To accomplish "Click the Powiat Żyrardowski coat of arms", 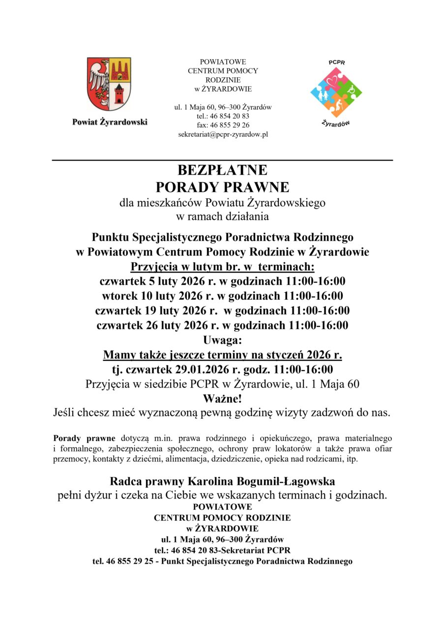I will coord(109,84).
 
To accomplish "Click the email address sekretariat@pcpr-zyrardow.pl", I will coord(223,134).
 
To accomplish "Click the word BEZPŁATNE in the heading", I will coord(222,170).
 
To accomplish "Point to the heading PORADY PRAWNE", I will coord(222,187).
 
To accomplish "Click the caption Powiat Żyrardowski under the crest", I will coord(110,122).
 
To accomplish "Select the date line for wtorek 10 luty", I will coord(222,296).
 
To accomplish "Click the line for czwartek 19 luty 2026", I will coord(222,311).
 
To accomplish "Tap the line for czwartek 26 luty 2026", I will coord(222,325).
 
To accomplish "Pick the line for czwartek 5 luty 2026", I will coord(222,282).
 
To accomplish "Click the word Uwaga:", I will coord(222,340).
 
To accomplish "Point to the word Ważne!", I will coord(222,398).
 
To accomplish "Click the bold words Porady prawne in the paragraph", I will coord(84,438).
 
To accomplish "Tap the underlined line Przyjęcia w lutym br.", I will coord(222,267).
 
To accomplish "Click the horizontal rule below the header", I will coord(222,160).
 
